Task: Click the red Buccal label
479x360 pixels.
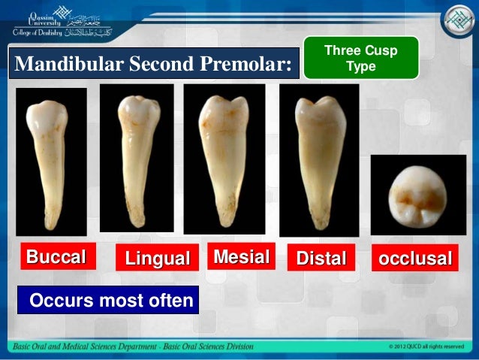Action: pos(56,258)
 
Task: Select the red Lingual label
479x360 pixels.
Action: pos(157,259)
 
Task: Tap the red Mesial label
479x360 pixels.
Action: pos(241,258)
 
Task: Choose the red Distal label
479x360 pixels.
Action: pos(321,259)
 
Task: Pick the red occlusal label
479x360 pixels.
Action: pos(415,259)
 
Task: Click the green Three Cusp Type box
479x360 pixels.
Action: pos(360,58)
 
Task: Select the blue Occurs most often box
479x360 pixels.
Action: pos(110,301)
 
